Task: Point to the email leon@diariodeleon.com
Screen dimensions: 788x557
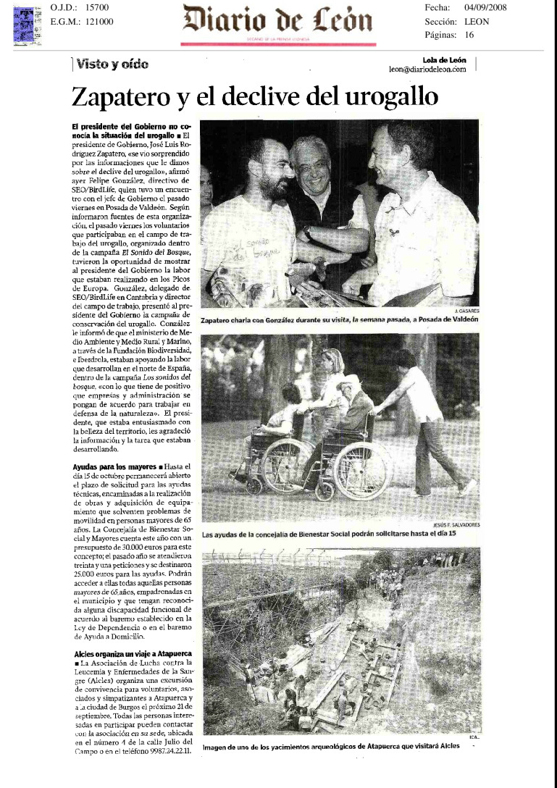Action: coord(427,70)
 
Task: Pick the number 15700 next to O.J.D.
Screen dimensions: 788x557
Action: coord(96,7)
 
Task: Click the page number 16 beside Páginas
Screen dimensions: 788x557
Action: coord(469,35)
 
